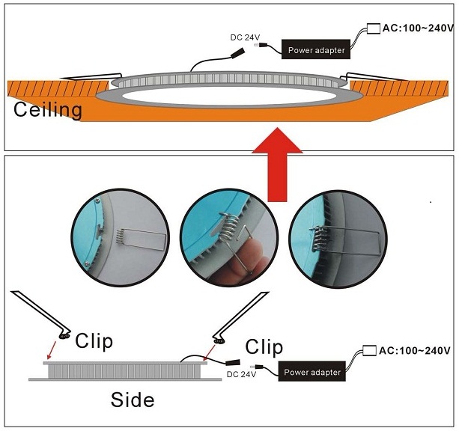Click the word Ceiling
click(47, 110)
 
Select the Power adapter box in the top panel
click(315, 50)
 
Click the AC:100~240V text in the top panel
click(418, 28)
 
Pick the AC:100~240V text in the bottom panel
click(416, 350)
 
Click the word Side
click(133, 400)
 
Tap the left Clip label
click(94, 341)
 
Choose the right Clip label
click(264, 346)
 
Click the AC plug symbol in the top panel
click(372, 30)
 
